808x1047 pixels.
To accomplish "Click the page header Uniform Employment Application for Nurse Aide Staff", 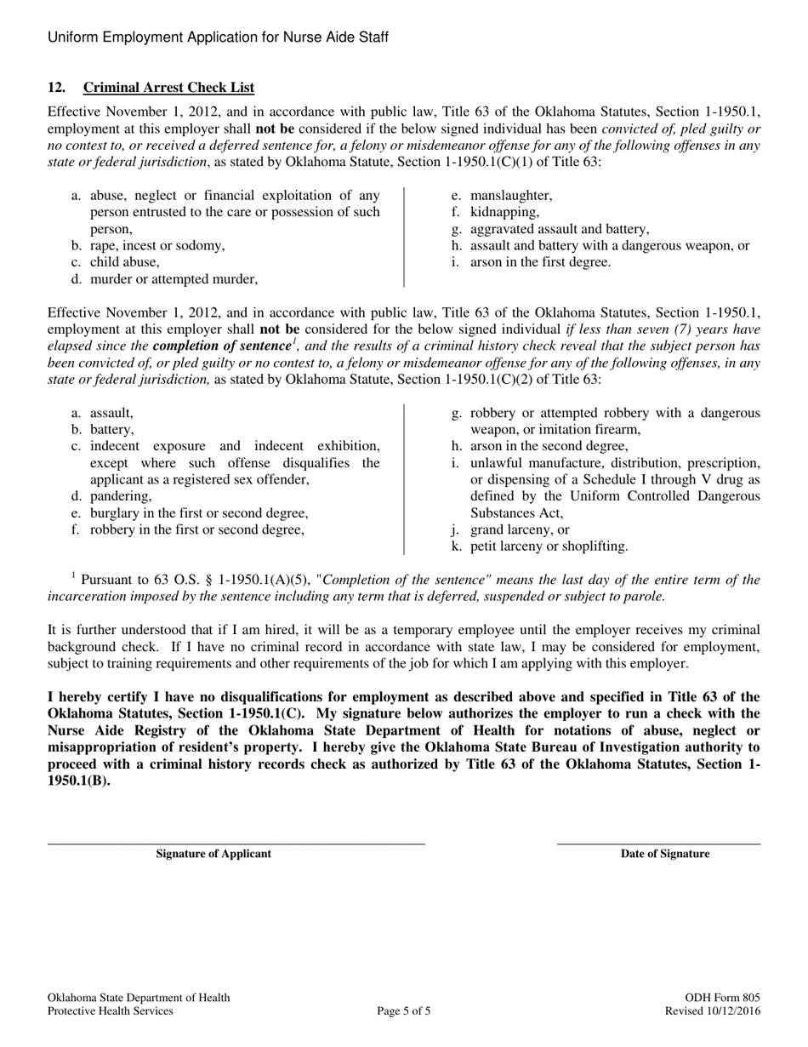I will pyautogui.click(x=219, y=37).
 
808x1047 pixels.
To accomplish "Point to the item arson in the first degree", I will pyautogui.click(x=540, y=262).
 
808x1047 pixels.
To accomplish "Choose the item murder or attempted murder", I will pyautogui.click(x=174, y=278).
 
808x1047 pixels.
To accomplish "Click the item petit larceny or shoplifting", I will pyautogui.click(x=549, y=546).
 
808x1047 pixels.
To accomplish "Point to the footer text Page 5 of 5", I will pyautogui.click(x=404, y=1011).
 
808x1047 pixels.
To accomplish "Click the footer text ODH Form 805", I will pyautogui.click(x=722, y=998).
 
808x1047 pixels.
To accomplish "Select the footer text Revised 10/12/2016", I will pyautogui.click(x=713, y=1011).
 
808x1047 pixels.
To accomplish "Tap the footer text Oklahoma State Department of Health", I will pyautogui.click(x=139, y=998).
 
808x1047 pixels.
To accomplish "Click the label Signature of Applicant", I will pyautogui.click(x=213, y=854).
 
